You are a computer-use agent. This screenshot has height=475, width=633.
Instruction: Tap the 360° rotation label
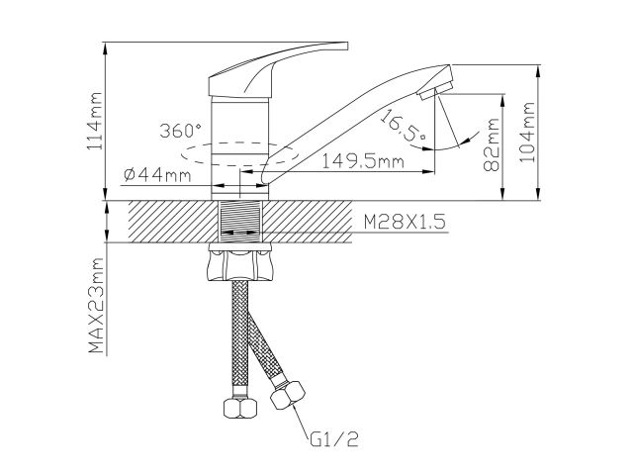click(180, 131)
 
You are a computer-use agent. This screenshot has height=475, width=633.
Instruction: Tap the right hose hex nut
click(284, 397)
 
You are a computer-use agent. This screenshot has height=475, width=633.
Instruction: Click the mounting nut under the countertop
click(240, 263)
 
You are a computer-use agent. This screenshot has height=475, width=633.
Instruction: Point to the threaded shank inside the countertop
click(240, 220)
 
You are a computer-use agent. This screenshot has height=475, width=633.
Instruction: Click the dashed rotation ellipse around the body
click(198, 155)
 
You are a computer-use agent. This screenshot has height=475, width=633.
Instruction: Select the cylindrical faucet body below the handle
click(240, 139)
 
